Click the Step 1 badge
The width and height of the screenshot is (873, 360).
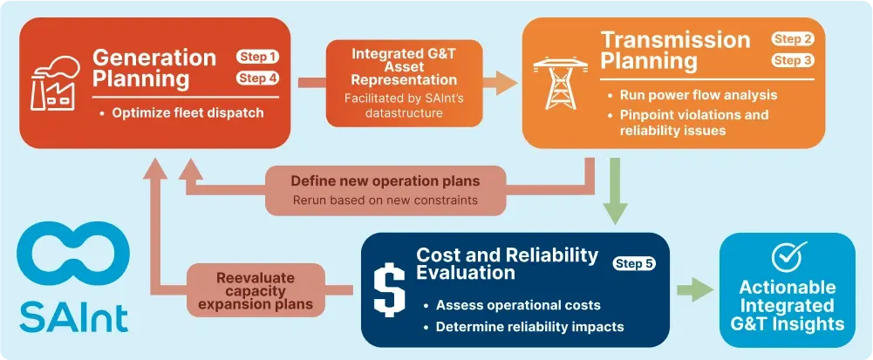coord(257,58)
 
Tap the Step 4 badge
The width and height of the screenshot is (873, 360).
coord(257,78)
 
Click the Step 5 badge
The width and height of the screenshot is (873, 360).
coord(634,263)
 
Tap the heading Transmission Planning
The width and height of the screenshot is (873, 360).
coord(675,51)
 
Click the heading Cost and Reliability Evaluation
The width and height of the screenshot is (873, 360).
coord(508,263)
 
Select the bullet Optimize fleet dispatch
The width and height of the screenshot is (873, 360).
coord(188,112)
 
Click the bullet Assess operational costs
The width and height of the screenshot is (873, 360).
coord(517,305)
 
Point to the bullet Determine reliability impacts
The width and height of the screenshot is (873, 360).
coord(529,327)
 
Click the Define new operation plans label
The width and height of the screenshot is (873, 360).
coord(385,182)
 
